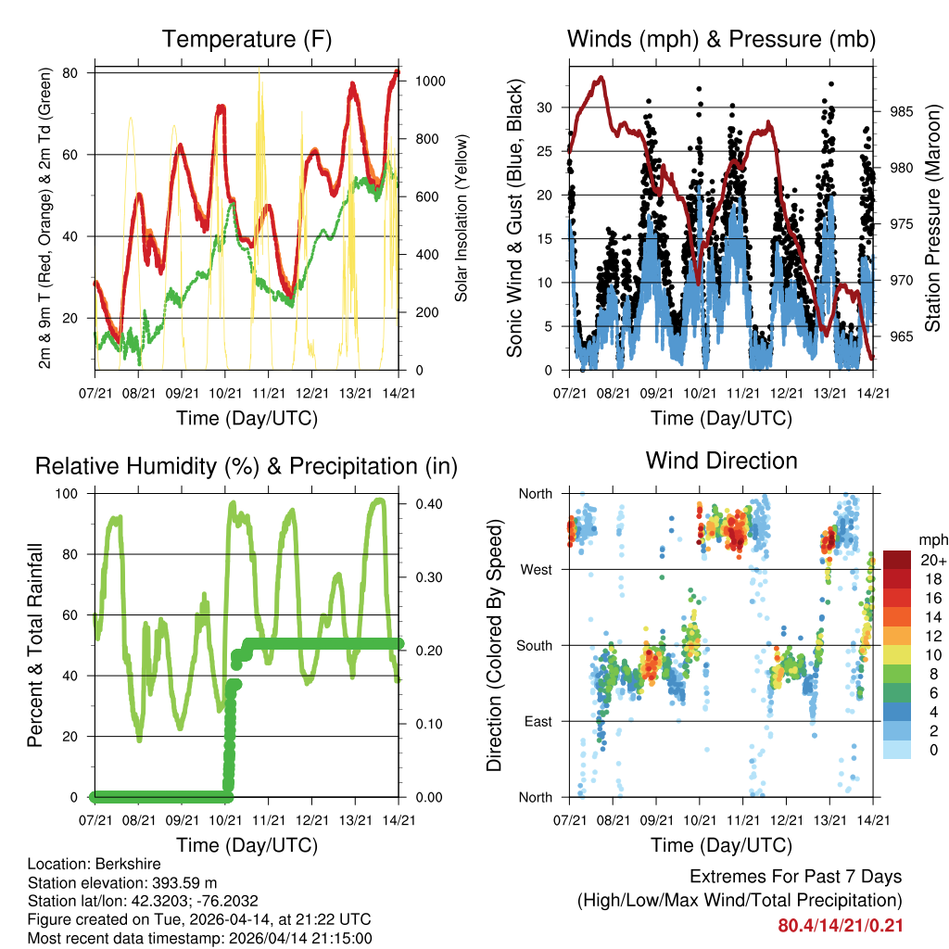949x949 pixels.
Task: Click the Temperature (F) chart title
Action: [x=247, y=39]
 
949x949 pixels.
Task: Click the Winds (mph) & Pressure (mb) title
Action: [x=721, y=39]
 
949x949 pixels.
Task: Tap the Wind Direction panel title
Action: [x=721, y=461]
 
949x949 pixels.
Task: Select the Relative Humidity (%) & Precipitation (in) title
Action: [x=247, y=466]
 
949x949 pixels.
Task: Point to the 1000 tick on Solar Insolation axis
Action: [x=431, y=82]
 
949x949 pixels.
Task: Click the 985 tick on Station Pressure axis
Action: [x=902, y=112]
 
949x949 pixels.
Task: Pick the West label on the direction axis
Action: [x=536, y=569]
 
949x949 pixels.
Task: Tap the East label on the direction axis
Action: [x=538, y=721]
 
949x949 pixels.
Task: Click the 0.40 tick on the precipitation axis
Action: [x=422, y=504]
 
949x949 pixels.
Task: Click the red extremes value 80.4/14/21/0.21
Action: [x=841, y=925]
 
